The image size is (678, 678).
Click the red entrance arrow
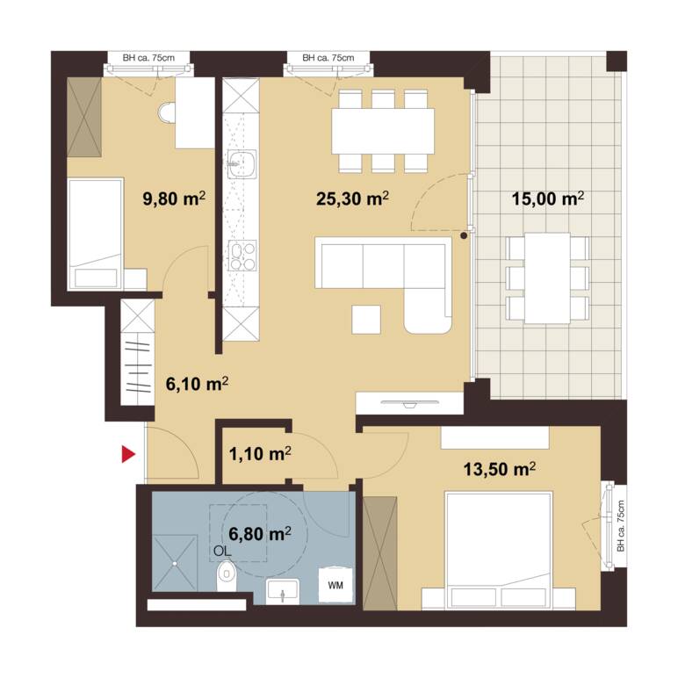(x=128, y=454)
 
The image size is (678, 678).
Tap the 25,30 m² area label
(x=352, y=198)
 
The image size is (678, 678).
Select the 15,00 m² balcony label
(x=548, y=198)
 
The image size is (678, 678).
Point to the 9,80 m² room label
(x=174, y=198)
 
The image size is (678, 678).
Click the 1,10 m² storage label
(x=260, y=453)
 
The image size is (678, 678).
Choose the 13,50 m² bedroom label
(x=500, y=469)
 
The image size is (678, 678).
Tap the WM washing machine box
(x=336, y=585)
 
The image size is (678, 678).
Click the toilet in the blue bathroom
(x=226, y=575)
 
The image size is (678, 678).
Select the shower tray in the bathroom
(x=174, y=563)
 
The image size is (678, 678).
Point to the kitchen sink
(x=242, y=163)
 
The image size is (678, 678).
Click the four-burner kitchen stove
(x=242, y=256)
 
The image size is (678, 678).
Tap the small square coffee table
(x=366, y=320)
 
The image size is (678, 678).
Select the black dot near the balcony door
(x=464, y=236)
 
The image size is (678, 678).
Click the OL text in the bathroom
(x=222, y=551)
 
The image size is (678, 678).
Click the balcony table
(x=547, y=278)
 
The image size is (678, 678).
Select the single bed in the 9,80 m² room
(x=96, y=234)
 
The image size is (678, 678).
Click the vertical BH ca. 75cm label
(x=621, y=526)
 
